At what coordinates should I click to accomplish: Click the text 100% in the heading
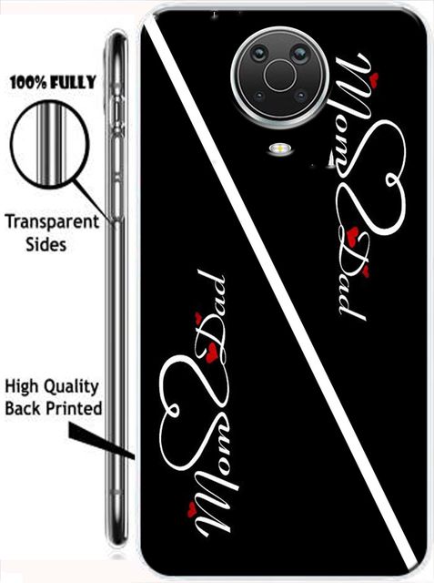tap(29, 83)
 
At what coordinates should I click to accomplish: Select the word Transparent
tap(52, 223)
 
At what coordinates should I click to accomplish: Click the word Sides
tap(46, 245)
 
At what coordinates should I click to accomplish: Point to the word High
tap(22, 387)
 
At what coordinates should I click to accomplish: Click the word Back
tap(23, 408)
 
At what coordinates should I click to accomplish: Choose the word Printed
tap(74, 408)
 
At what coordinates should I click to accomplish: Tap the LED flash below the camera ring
tap(281, 149)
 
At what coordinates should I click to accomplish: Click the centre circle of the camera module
tap(280, 76)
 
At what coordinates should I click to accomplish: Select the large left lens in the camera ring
tap(259, 54)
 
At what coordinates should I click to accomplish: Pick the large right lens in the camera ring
tap(299, 54)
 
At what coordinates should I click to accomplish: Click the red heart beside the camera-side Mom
tap(374, 77)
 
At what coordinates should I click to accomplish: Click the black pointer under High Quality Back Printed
tap(101, 442)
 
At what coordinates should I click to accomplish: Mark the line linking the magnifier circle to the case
tap(93, 200)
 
